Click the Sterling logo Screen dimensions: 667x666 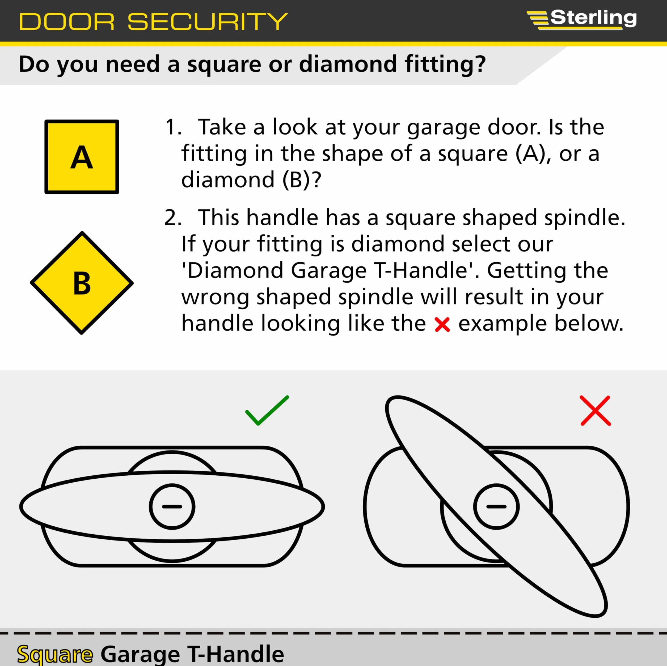[x=582, y=19]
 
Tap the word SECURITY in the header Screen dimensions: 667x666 [x=208, y=22]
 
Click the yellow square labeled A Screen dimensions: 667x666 [x=82, y=157]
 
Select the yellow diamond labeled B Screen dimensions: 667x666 [x=82, y=283]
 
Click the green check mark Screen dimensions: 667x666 [x=267, y=410]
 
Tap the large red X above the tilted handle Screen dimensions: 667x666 [x=596, y=410]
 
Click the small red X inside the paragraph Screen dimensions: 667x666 [x=442, y=325]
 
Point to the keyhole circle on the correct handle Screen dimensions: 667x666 [x=172, y=506]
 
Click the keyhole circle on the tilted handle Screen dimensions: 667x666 [x=496, y=506]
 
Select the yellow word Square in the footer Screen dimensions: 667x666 [x=55, y=654]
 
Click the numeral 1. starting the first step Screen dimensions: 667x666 [x=173, y=127]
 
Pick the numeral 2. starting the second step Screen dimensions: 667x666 [x=173, y=218]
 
